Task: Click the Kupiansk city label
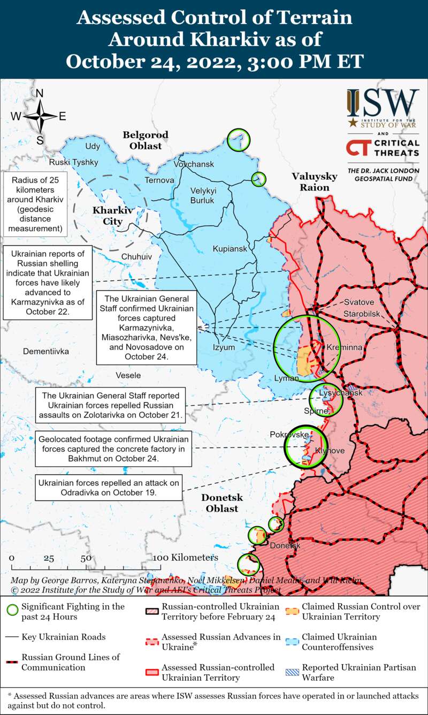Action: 230,249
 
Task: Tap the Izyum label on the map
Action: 224,347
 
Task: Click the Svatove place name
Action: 359,302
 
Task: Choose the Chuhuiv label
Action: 136,257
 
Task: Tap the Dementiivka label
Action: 46,352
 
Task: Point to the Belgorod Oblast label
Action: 146,140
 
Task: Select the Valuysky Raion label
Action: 314,182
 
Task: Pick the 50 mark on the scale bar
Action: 86,558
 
